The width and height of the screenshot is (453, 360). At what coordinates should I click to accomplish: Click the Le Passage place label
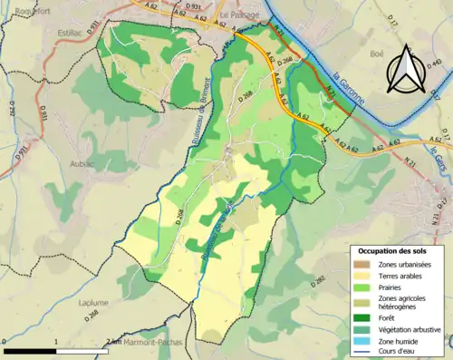coord(240,15)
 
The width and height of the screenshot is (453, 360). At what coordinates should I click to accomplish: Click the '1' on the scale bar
coord(55,343)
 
